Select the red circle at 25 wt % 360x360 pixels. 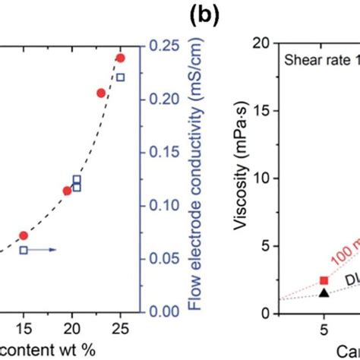click(x=120, y=58)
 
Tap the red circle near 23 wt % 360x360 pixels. click(x=101, y=93)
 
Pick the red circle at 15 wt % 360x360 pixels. click(x=24, y=235)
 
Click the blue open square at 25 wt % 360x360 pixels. click(x=120, y=77)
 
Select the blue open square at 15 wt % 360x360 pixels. click(x=24, y=249)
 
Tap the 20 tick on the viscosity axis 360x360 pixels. click(x=263, y=43)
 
